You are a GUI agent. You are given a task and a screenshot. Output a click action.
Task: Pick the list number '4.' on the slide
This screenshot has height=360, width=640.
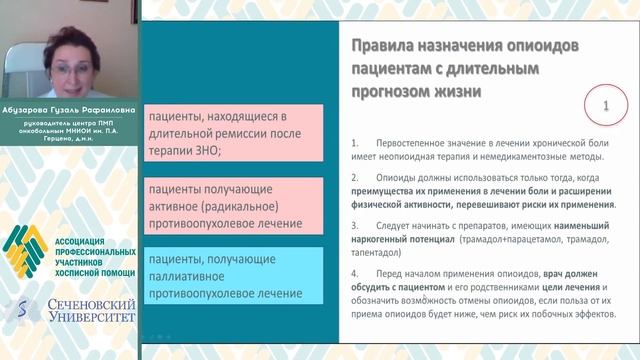pyautogui.click(x=357, y=274)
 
